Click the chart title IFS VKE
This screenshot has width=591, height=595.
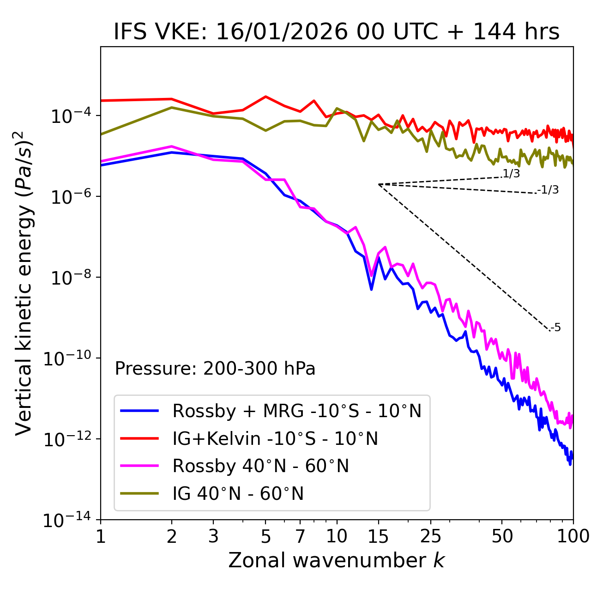click(337, 32)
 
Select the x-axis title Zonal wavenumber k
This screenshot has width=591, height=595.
click(337, 560)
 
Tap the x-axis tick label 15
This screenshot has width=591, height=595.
click(378, 536)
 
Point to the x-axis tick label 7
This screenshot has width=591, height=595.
click(300, 536)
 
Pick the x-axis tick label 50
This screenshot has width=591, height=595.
click(502, 536)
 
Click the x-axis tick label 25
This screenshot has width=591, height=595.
click(431, 536)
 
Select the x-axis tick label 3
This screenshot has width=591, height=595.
click(213, 536)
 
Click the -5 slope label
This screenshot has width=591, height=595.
click(555, 328)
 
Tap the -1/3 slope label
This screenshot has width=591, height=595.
click(548, 190)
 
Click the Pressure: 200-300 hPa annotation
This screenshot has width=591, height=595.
click(215, 369)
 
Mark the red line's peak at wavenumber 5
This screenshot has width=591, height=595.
click(265, 97)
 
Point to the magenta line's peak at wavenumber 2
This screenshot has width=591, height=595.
click(172, 146)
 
